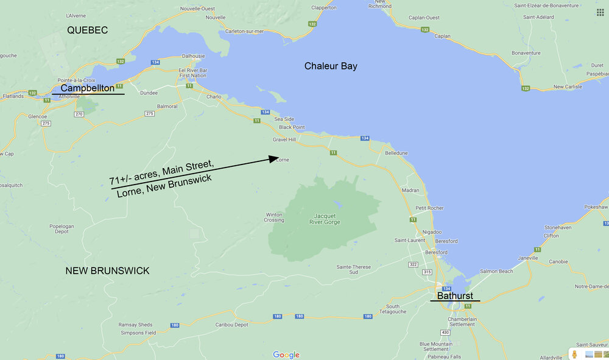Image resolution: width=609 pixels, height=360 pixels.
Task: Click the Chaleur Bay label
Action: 331,66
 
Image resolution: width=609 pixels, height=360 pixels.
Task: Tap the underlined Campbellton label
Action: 87,88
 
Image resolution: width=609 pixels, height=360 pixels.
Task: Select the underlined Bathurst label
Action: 454,295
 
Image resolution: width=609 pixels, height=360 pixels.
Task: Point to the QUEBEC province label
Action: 87,30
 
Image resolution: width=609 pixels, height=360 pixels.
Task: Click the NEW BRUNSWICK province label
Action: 107,270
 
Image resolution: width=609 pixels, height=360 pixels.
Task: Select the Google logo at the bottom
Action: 286,355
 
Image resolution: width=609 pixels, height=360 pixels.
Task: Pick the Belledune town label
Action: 396,153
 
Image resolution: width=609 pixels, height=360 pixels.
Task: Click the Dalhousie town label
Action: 193,55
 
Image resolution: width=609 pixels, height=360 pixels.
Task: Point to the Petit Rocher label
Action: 429,208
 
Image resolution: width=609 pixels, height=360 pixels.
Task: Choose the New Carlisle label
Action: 567,87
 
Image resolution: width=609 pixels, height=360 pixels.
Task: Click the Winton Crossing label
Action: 274,217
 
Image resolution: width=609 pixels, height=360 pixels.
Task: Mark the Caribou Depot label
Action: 232,325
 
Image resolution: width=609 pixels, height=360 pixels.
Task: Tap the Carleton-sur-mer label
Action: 244,30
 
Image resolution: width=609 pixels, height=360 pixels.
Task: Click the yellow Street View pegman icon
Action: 574,354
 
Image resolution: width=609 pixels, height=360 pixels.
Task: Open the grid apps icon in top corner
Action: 600,12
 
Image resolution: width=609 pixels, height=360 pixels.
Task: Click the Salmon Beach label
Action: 496,271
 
